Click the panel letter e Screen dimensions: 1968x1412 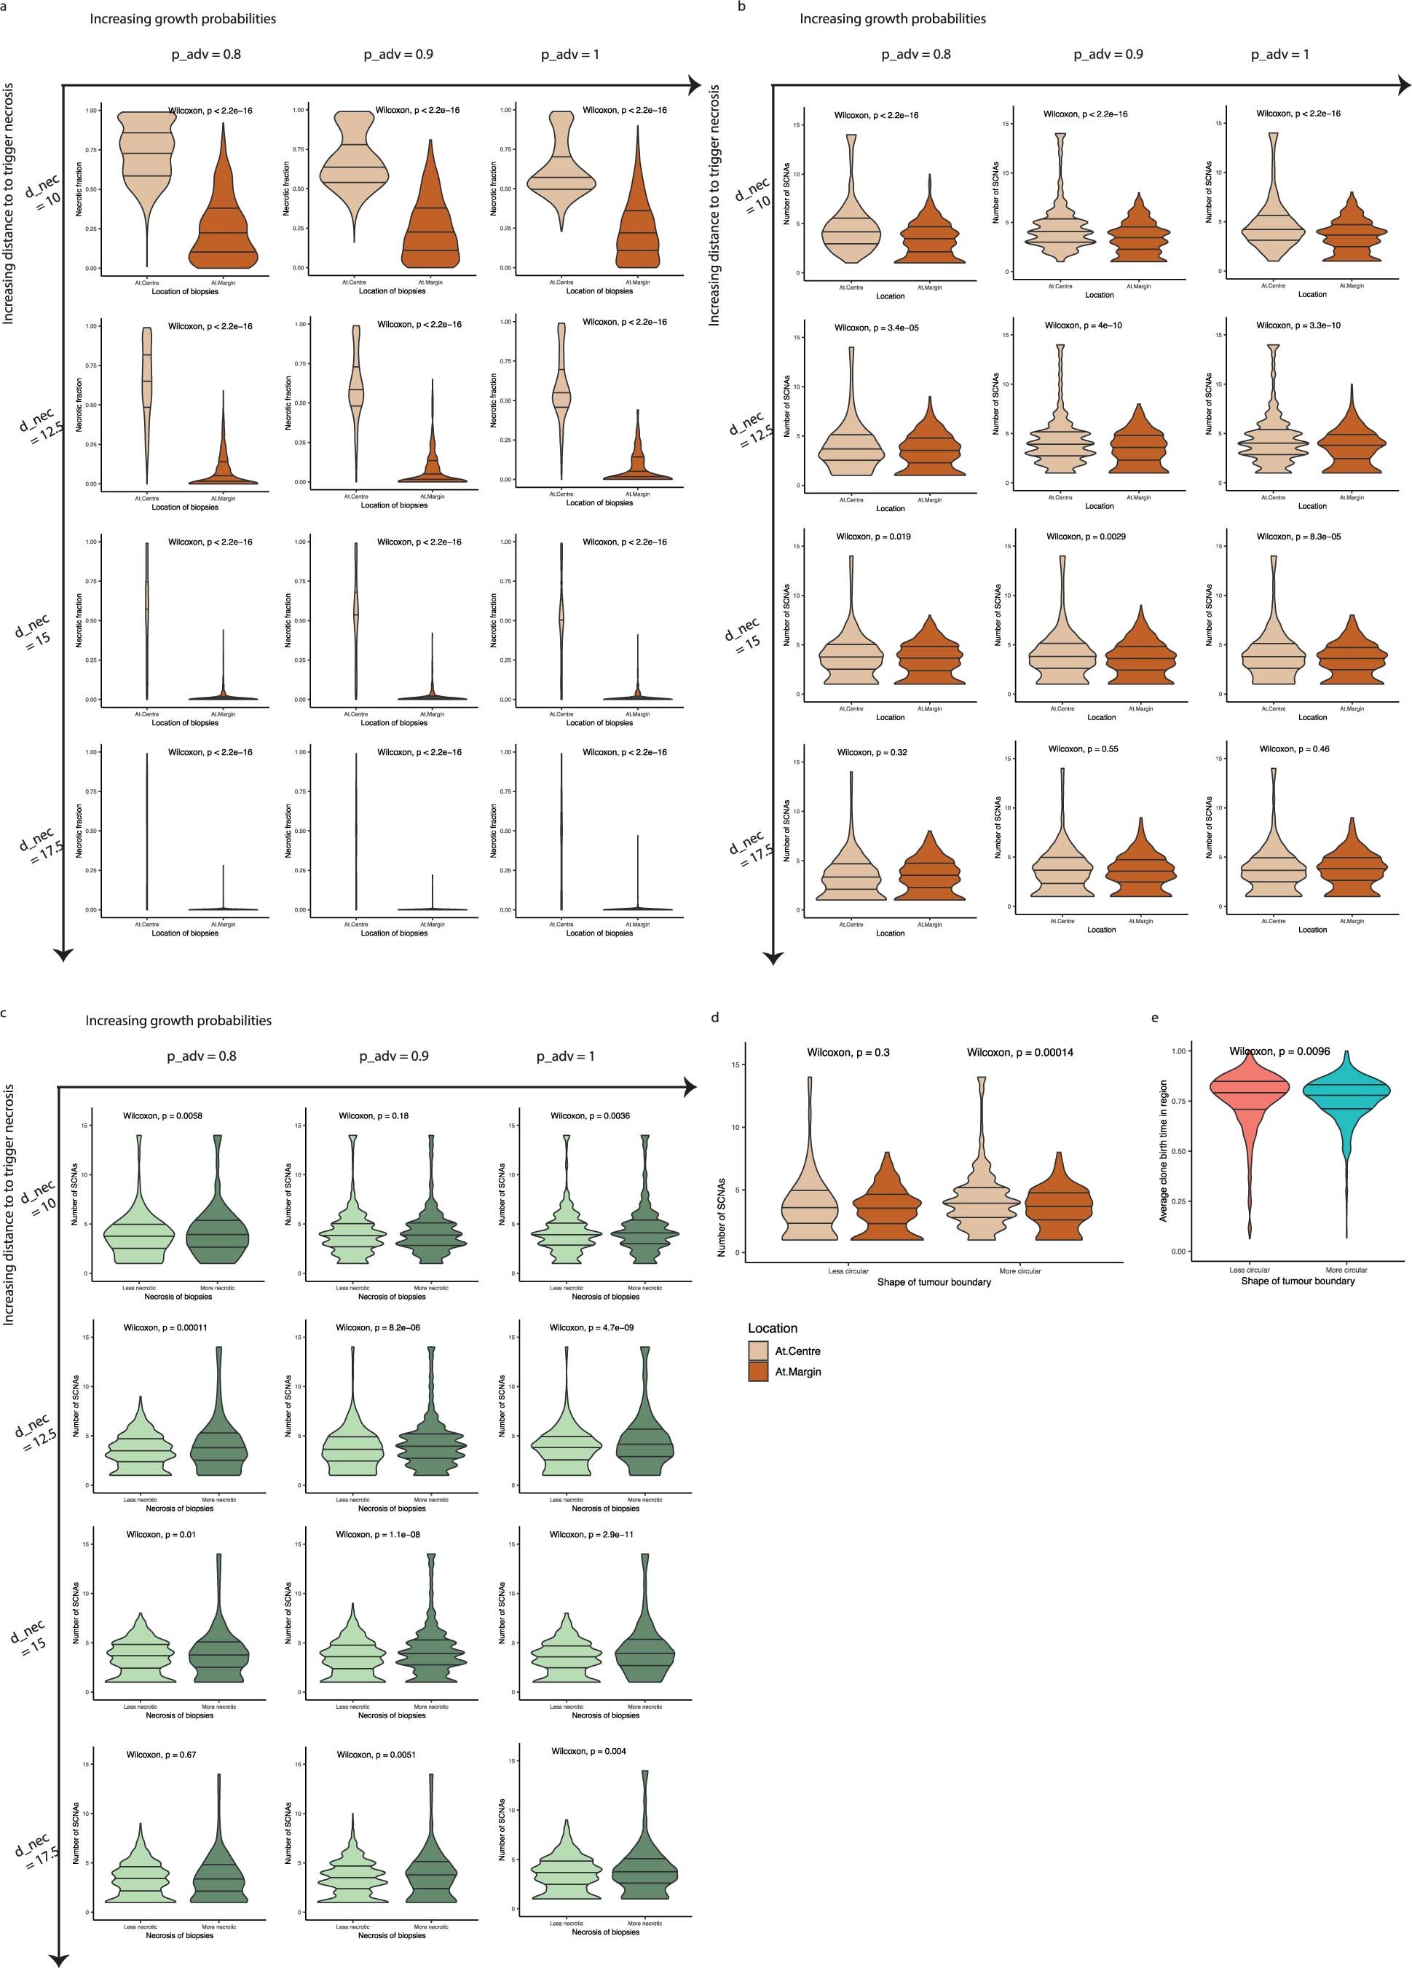coord(1154,1018)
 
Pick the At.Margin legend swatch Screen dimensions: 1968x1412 coord(757,1372)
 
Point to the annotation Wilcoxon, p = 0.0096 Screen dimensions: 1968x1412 coord(1279,1051)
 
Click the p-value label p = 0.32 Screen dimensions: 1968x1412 coord(872,752)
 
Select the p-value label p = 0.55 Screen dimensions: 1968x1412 coord(1083,749)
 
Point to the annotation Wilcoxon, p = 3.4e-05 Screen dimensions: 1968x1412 coord(877,328)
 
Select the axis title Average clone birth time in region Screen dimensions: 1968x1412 coord(1164,1150)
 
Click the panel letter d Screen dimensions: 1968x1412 coord(715,1018)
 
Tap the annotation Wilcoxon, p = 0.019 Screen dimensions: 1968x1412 coord(873,537)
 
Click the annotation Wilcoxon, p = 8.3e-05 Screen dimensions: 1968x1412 coord(1298,537)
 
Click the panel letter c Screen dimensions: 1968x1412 coord(5,1012)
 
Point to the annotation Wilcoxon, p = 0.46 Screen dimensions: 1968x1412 coord(1294,749)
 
